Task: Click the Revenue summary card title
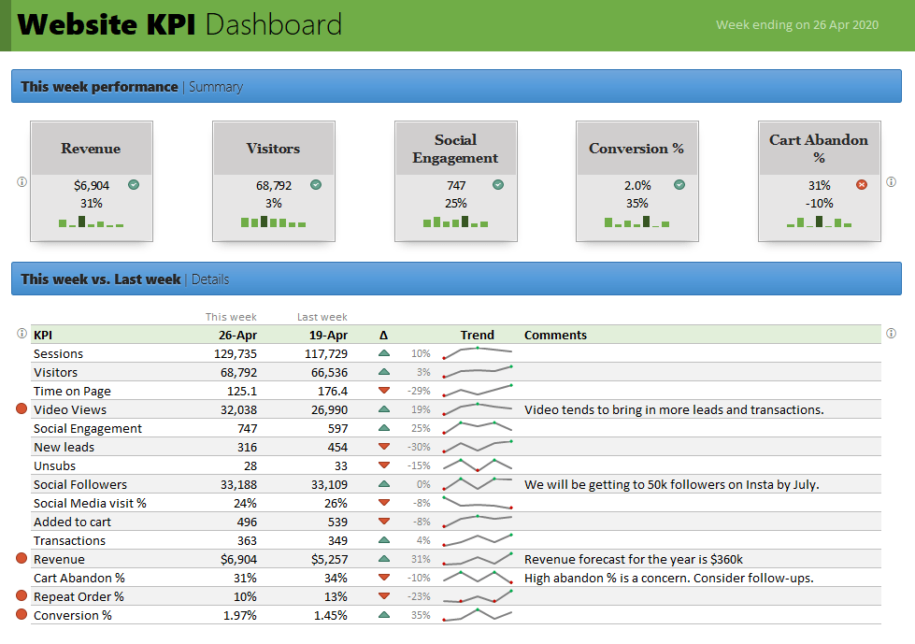tap(91, 148)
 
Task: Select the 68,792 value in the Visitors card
tap(273, 185)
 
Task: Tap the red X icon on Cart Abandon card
tap(862, 185)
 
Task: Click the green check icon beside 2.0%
tap(679, 185)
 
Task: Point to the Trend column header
tap(477, 335)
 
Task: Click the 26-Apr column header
tap(237, 335)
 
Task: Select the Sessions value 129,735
tap(235, 353)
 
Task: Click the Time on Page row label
tap(72, 391)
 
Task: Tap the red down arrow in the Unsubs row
tap(383, 465)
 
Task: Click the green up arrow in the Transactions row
tap(383, 540)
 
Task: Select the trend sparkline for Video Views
tap(478, 408)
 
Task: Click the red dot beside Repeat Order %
tap(21, 596)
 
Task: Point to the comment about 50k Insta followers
tap(671, 484)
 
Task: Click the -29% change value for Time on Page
tap(420, 391)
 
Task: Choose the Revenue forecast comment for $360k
tap(633, 559)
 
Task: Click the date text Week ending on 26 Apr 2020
tap(796, 25)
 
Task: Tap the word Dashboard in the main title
tap(273, 24)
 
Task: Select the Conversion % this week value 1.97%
tap(239, 615)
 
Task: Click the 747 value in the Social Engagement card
tap(455, 185)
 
